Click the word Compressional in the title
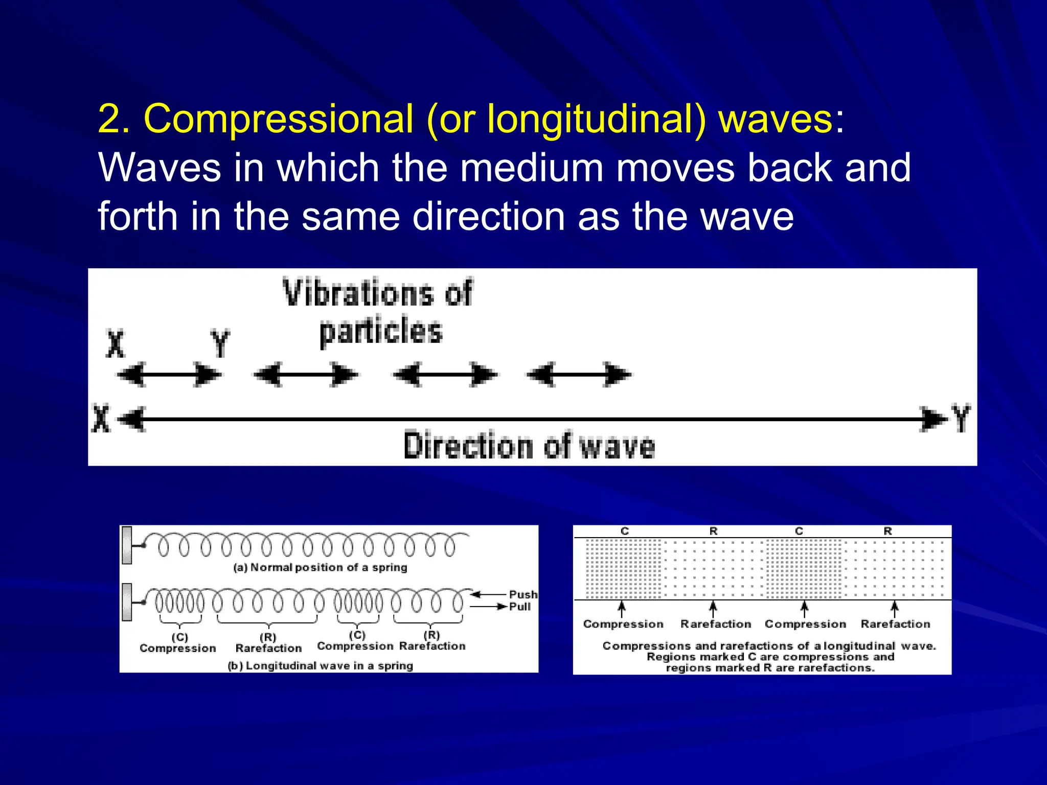(278, 119)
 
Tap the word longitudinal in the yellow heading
(596, 119)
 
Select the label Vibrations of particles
(378, 312)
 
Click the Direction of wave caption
(529, 446)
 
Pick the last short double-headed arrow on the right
(579, 375)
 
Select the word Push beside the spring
(523, 594)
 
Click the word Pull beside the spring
(520, 607)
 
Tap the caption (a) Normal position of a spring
(320, 567)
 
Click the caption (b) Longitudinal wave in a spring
(320, 665)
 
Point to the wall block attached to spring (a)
(127, 545)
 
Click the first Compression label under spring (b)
(178, 648)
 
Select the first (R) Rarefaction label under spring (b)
(268, 643)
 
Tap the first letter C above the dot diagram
(624, 532)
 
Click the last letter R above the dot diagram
(887, 532)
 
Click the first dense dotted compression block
(623, 568)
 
